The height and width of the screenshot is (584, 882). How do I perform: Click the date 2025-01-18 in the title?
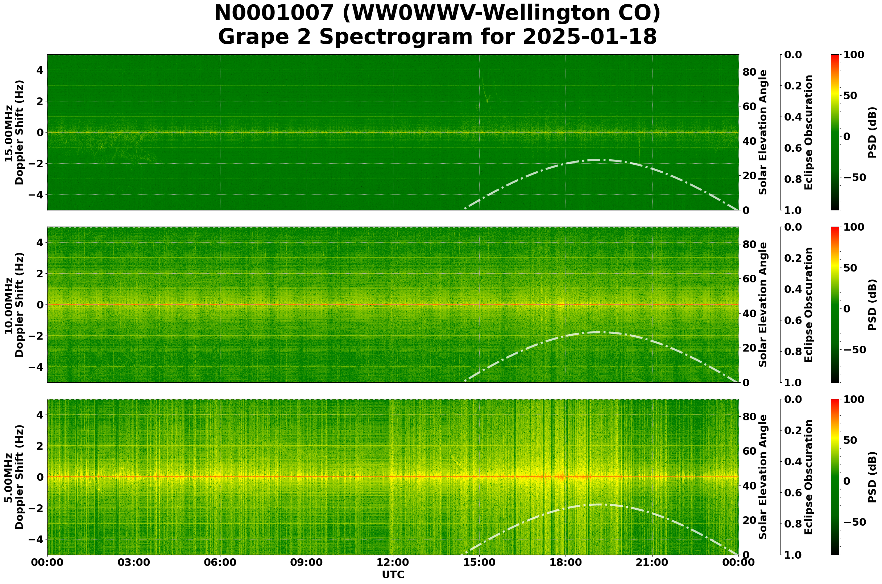(589, 37)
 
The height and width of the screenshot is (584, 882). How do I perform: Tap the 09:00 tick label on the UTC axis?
(306, 563)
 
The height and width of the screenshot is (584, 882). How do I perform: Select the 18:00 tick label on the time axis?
(566, 563)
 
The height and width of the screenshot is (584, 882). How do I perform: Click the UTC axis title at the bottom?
(393, 575)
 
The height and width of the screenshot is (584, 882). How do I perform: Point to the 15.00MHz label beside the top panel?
(9, 132)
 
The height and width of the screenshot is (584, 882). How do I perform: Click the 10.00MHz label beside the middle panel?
(9, 304)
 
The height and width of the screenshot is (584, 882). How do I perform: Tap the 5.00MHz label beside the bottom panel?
(9, 477)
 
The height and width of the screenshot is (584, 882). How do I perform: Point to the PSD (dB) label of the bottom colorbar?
(872, 477)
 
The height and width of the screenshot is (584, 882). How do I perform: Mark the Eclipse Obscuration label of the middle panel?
(808, 304)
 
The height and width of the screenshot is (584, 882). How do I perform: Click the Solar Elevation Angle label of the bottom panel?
(763, 477)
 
